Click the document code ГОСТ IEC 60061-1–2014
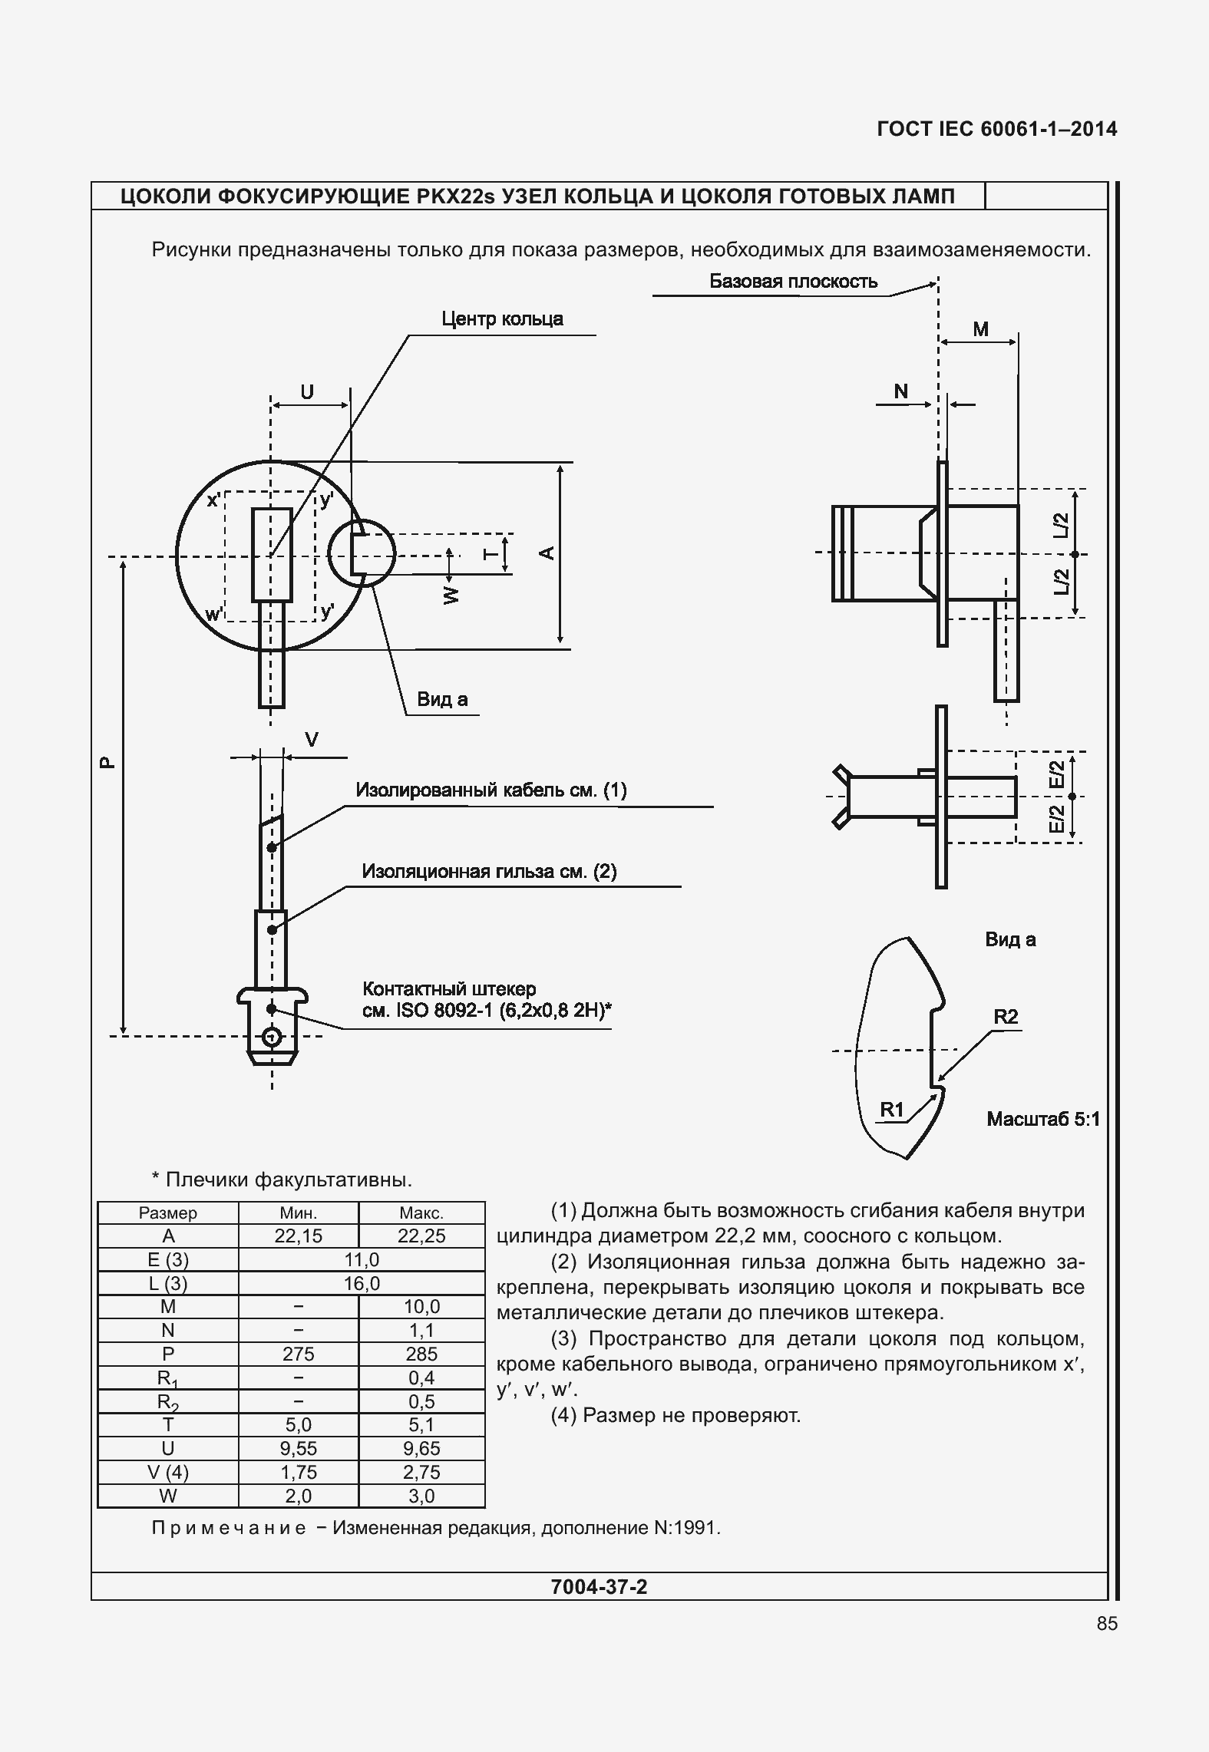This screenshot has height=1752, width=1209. (996, 129)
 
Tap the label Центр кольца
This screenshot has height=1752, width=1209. (502, 319)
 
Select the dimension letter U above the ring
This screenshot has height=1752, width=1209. (307, 392)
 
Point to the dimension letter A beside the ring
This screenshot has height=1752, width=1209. (547, 553)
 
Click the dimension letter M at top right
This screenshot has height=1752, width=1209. (981, 329)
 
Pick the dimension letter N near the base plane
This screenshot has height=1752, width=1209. (901, 391)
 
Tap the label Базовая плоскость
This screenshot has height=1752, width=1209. (793, 282)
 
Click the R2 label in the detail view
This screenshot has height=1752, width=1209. (1006, 1017)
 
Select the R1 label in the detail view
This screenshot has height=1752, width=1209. (892, 1110)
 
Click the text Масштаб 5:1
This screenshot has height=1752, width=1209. (1042, 1120)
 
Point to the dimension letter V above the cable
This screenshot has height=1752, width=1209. (312, 740)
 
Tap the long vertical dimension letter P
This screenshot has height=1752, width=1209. (107, 762)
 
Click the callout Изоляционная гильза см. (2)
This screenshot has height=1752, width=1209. (489, 872)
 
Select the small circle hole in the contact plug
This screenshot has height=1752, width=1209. (271, 1038)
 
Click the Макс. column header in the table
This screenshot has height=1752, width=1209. (421, 1213)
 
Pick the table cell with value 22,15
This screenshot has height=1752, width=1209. (299, 1236)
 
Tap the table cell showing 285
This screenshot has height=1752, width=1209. (421, 1354)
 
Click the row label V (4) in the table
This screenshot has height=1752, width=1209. (168, 1473)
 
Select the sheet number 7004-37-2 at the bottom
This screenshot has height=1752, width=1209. (600, 1587)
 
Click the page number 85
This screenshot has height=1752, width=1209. (1107, 1624)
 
